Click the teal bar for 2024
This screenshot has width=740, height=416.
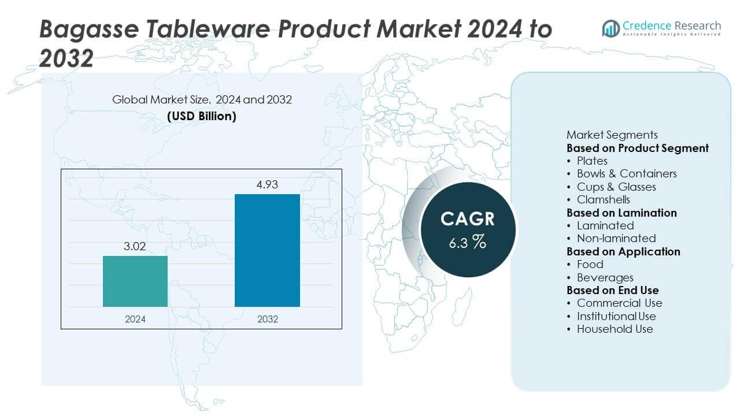[135, 281]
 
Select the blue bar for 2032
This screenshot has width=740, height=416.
[267, 250]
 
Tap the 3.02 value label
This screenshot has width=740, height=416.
[135, 247]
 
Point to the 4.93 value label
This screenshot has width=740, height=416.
[267, 185]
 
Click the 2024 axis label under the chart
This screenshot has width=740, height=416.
[135, 319]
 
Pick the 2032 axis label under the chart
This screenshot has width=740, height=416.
[267, 319]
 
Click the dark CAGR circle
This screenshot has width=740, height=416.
[467, 230]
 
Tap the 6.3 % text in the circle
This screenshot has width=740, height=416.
[467, 242]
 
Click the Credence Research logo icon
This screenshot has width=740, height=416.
[610, 28]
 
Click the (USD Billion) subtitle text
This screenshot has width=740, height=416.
[202, 116]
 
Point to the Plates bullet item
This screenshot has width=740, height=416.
[592, 161]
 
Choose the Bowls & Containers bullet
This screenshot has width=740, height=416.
[626, 173]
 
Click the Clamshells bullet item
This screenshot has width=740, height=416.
[603, 199]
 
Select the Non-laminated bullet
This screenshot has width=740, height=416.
[616, 238]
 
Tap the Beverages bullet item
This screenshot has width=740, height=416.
[605, 277]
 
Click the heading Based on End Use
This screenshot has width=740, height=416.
[612, 290]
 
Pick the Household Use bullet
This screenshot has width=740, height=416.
[615, 329]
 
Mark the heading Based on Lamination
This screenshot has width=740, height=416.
[621, 213]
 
